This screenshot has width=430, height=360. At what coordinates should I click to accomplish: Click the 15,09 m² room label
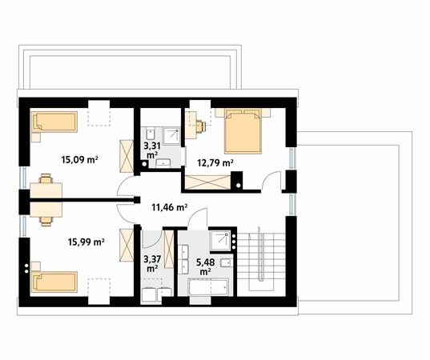pyautogui.click(x=80, y=159)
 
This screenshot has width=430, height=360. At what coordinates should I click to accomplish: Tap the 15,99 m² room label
pyautogui.click(x=86, y=242)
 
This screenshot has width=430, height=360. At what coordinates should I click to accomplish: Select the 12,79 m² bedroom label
pyautogui.click(x=215, y=163)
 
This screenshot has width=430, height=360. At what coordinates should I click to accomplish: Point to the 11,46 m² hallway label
pyautogui.click(x=170, y=207)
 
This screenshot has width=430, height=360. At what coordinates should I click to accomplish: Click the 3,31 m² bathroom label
pyautogui.click(x=152, y=150)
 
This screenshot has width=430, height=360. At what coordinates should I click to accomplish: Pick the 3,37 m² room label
pyautogui.click(x=152, y=263)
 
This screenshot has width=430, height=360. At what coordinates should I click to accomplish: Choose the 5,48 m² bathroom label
pyautogui.click(x=206, y=267)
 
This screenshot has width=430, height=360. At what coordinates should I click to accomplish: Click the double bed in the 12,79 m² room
pyautogui.click(x=243, y=131)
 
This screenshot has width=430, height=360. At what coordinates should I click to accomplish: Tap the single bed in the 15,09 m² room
pyautogui.click(x=54, y=122)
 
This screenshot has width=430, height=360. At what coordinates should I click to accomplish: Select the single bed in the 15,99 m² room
pyautogui.click(x=54, y=282)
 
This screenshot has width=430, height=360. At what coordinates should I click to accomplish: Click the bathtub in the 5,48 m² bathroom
pyautogui.click(x=208, y=287)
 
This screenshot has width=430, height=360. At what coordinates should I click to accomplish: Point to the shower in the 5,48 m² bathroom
pyautogui.click(x=220, y=241)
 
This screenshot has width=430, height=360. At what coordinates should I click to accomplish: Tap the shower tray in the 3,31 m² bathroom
pyautogui.click(x=172, y=137)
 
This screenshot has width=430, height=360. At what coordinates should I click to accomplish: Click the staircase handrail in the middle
pyautogui.click(x=261, y=254)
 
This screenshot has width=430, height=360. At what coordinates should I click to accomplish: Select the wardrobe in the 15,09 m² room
pyautogui.click(x=127, y=156)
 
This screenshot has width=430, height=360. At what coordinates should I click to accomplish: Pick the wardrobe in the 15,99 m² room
pyautogui.click(x=127, y=246)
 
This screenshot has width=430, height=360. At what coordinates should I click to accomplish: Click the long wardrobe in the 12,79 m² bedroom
pyautogui.click(x=207, y=182)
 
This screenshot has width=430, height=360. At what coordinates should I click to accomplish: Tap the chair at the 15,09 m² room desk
pyautogui.click(x=46, y=178)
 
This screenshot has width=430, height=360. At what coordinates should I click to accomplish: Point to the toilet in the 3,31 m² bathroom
pyautogui.click(x=151, y=134)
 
